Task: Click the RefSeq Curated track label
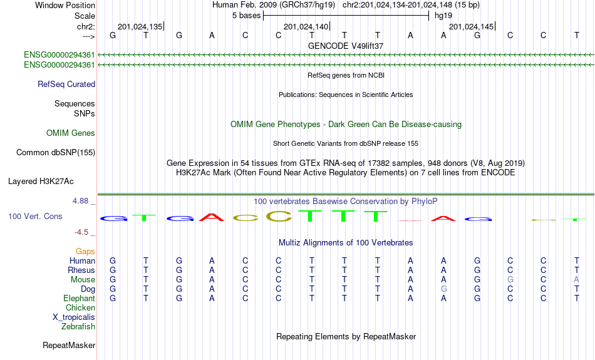click(66, 85)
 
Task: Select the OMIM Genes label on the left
click(71, 133)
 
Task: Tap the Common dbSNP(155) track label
click(56, 153)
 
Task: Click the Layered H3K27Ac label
click(41, 182)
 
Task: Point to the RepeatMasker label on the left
click(69, 345)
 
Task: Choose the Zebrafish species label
click(78, 327)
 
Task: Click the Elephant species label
click(79, 299)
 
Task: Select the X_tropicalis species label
click(74, 317)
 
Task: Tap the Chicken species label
click(80, 307)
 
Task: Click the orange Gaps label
click(85, 252)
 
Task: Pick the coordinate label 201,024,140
click(306, 26)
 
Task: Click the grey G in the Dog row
click(443, 289)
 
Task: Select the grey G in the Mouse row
click(510, 280)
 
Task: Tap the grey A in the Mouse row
click(576, 280)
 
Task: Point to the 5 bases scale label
click(247, 16)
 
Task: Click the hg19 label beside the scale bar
click(443, 16)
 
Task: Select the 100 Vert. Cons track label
click(35, 217)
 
